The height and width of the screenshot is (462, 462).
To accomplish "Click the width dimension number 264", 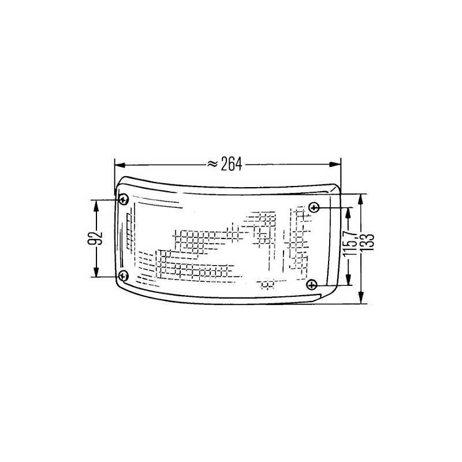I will [230, 165].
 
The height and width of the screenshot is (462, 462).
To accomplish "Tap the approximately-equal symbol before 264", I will [212, 165].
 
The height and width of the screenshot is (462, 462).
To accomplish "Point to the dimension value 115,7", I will [348, 246].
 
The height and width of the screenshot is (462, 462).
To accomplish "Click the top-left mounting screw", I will [124, 200].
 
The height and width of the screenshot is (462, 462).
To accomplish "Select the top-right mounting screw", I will [314, 207].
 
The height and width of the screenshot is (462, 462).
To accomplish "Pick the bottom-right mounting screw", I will [312, 284].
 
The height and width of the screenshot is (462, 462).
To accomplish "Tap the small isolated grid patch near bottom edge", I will [267, 284].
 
